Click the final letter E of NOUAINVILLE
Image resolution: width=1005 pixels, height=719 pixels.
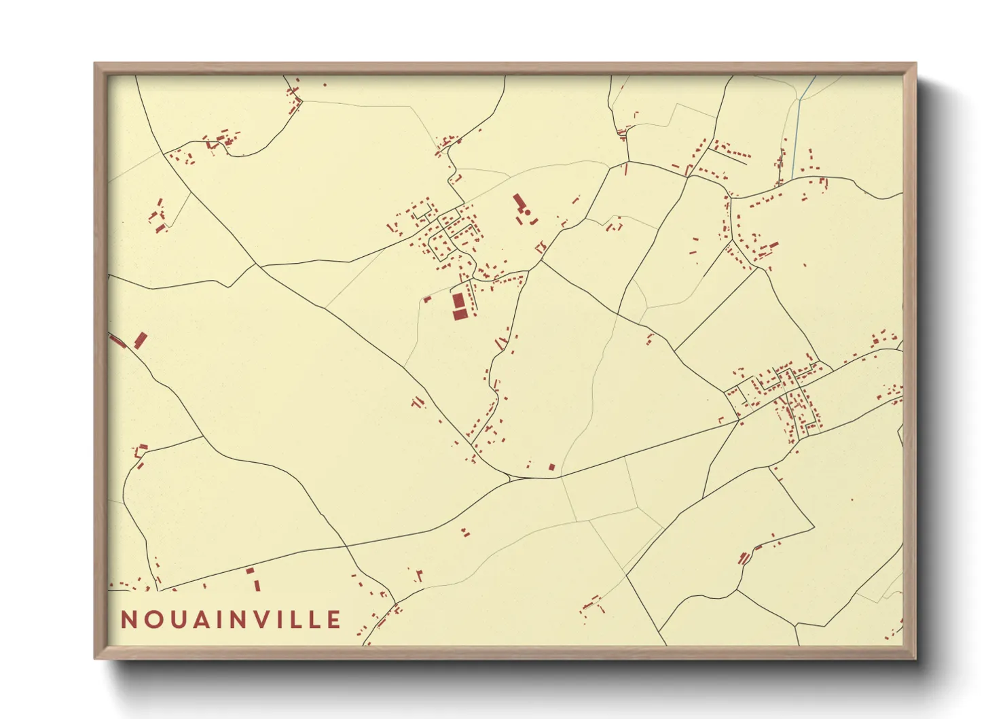pyautogui.click(x=333, y=620)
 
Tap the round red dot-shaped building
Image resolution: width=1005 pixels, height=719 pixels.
pyautogui.click(x=527, y=213)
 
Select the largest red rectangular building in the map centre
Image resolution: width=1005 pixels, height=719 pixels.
pyautogui.click(x=459, y=300)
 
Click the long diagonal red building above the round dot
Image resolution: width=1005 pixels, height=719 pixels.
pyautogui.click(x=519, y=202)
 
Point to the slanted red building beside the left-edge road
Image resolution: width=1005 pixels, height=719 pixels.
pyautogui.click(x=141, y=340)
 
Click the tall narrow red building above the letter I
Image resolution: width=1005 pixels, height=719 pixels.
pyautogui.click(x=257, y=585)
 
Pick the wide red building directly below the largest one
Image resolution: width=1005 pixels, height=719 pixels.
pyautogui.click(x=460, y=313)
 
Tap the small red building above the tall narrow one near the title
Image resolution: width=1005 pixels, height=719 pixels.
pyautogui.click(x=250, y=570)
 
